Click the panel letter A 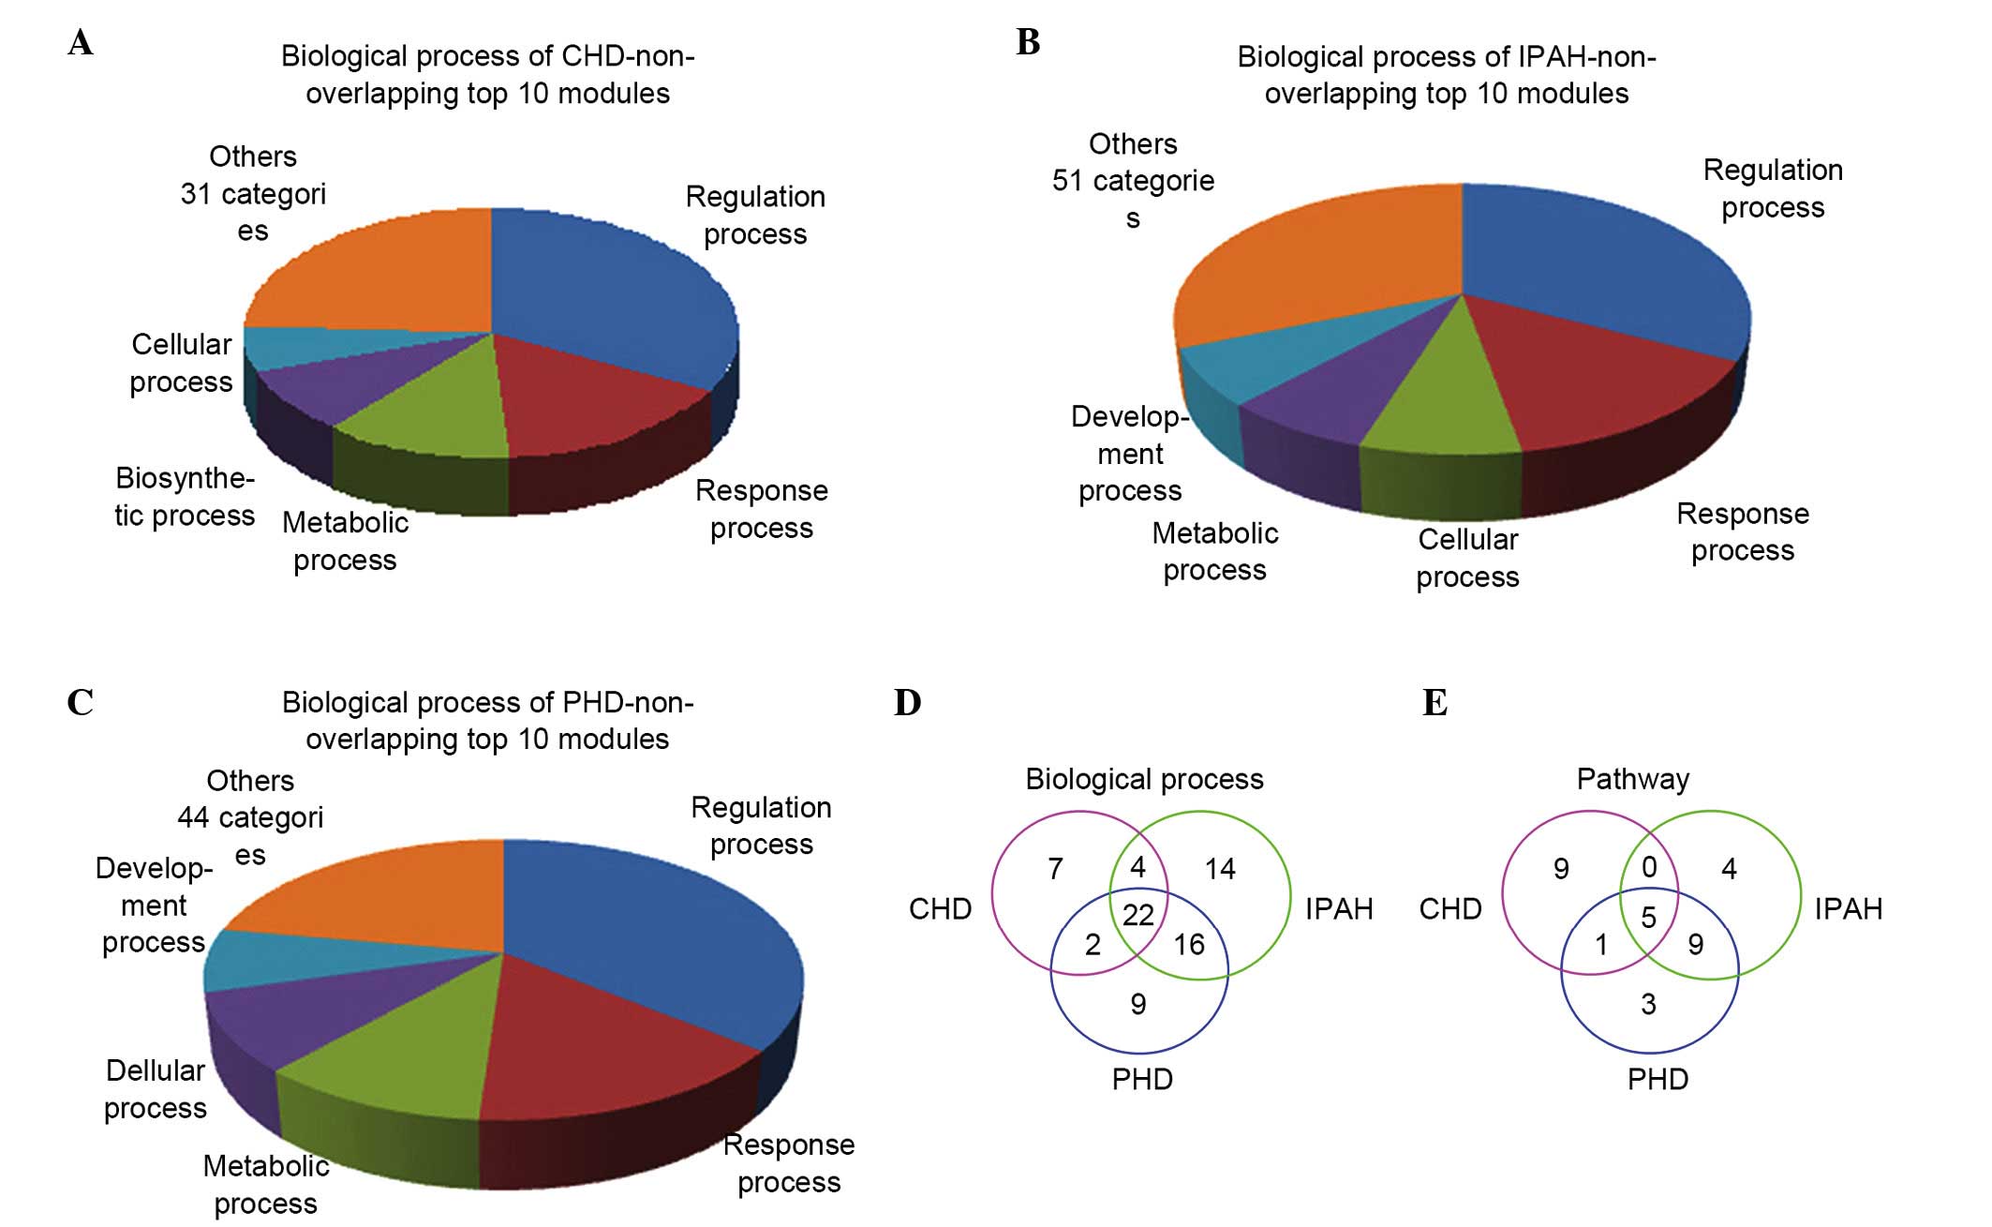click(81, 43)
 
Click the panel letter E click(1435, 703)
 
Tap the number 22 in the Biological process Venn click(1137, 915)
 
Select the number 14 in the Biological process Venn click(1219, 869)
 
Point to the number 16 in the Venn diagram click(1188, 945)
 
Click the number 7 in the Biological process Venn click(1055, 869)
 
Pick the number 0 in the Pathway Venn click(1649, 867)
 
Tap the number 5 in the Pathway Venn click(1648, 917)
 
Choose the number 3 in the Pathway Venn click(1648, 1005)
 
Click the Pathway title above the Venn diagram click(1632, 779)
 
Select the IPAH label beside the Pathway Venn click(1848, 908)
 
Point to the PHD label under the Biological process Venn click(1141, 1079)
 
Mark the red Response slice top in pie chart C click(600, 1040)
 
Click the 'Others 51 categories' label click(1133, 181)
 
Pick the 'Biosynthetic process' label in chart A click(185, 497)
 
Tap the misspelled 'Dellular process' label click(156, 1089)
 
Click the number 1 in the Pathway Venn click(1601, 945)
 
